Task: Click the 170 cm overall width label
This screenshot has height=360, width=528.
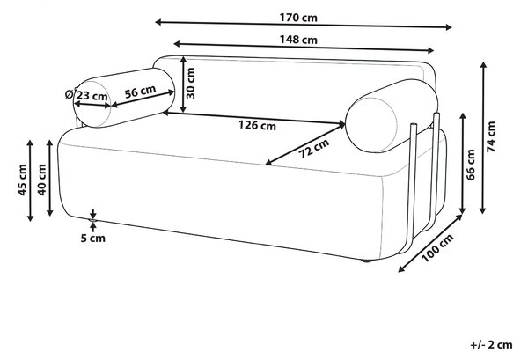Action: [298, 18]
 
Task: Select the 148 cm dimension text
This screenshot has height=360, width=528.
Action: [298, 40]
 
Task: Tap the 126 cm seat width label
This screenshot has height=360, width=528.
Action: [257, 125]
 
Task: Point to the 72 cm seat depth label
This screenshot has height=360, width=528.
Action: [314, 149]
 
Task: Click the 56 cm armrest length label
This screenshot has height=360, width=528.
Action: [140, 92]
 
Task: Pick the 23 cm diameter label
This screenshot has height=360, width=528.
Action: [91, 96]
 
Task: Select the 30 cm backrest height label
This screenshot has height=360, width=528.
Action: [190, 84]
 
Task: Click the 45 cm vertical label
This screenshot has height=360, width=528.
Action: [22, 180]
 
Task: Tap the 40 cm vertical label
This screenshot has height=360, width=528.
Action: [41, 180]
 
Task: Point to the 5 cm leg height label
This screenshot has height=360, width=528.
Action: [93, 239]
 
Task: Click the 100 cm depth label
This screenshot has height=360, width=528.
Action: [437, 248]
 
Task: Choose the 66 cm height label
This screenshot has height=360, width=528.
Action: [471, 165]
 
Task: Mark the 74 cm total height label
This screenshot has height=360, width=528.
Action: [491, 136]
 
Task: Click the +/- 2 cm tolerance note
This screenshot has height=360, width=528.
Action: [491, 345]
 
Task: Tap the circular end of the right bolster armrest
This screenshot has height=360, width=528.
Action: [371, 125]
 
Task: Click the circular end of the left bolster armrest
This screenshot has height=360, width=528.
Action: [92, 104]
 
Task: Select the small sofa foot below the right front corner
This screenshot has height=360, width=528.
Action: [366, 261]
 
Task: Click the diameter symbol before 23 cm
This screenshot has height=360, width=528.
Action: [70, 94]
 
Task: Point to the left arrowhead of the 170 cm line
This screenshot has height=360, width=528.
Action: [158, 22]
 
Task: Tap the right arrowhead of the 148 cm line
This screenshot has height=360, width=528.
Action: [431, 50]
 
